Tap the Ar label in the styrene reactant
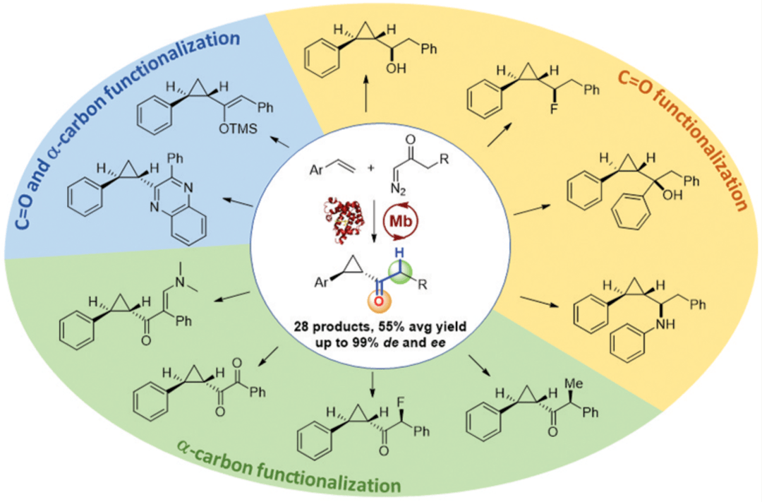317,170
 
